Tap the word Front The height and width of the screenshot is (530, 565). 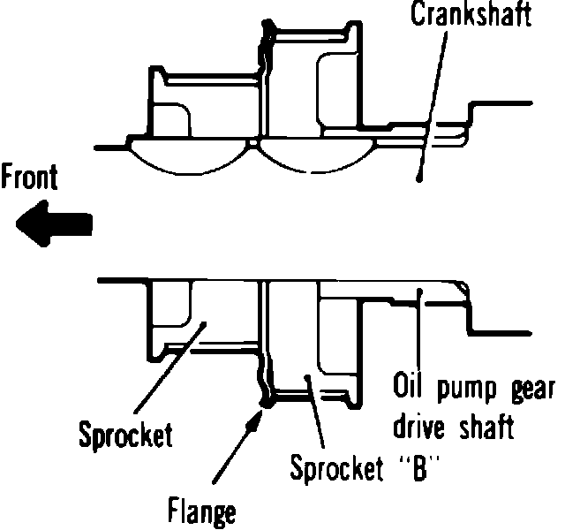coord(29,179)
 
